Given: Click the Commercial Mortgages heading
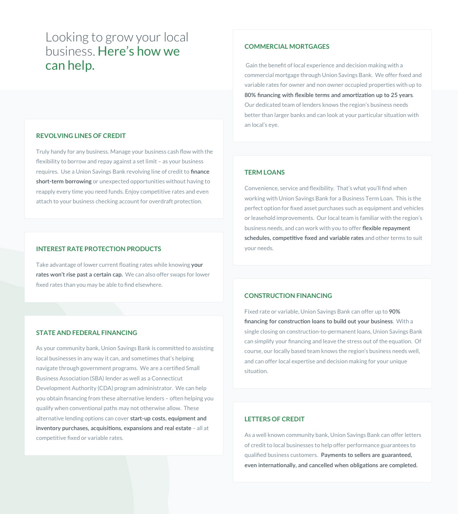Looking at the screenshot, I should point(287,47).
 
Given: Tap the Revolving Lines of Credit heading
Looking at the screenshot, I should point(81,136).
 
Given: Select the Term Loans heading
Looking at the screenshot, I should point(264,173).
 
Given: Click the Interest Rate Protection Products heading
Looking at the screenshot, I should point(99,249).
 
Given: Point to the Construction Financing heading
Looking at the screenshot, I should point(288,296).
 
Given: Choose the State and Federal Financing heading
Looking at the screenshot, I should point(86,333).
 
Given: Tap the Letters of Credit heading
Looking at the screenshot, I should point(274,419).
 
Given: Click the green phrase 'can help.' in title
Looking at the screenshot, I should point(70,66).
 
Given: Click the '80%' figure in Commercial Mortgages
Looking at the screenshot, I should point(250,95).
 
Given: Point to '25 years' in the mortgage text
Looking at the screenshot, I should point(401,95).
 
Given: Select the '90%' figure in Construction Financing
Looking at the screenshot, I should point(395,312).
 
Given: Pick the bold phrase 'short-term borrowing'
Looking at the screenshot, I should point(64,181).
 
